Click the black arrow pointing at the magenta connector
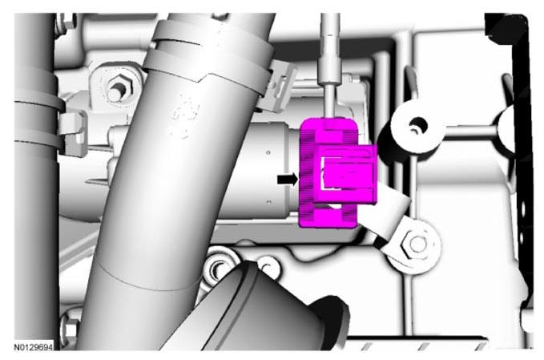coord(288,179)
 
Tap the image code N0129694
coord(34,347)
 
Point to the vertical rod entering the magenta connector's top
coord(330,66)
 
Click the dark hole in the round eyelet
coord(417,124)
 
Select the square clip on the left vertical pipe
coord(74,133)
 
